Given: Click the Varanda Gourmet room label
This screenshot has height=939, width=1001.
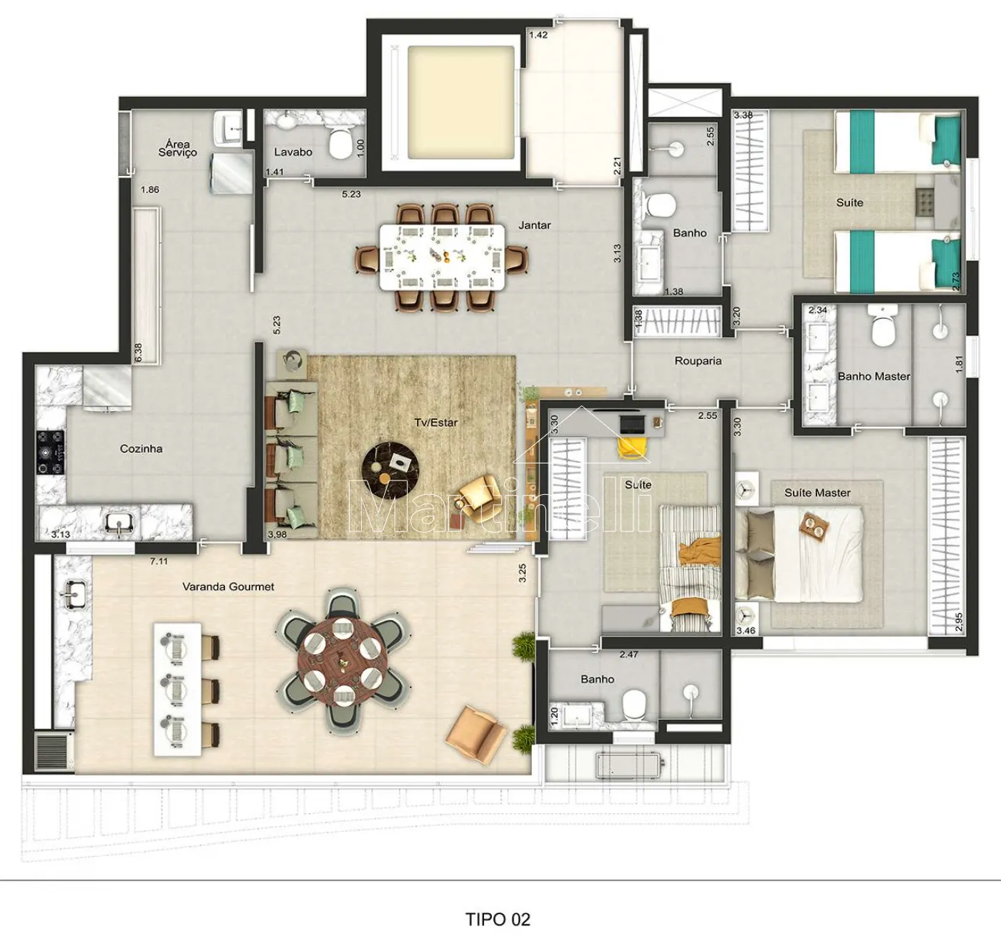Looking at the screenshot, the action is click(228, 586).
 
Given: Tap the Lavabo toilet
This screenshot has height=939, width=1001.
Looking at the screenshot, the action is click(341, 143).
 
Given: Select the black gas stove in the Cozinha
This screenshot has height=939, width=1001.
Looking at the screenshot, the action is click(50, 452).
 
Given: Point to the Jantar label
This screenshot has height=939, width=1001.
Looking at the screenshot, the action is click(534, 225).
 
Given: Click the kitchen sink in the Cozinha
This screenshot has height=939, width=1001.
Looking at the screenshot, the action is click(119, 522).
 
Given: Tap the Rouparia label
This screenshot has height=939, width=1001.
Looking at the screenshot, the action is click(698, 361).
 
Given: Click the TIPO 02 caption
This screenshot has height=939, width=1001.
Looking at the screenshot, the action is click(498, 919).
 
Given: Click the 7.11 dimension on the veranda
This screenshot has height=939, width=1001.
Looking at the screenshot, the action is click(159, 561).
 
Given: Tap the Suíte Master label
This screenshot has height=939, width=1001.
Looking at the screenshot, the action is click(817, 493).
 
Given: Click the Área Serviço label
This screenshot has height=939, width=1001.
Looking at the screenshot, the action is click(177, 148).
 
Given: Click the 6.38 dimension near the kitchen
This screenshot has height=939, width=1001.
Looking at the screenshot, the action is click(138, 352).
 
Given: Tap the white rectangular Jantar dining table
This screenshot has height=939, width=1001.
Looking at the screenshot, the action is click(442, 257).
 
